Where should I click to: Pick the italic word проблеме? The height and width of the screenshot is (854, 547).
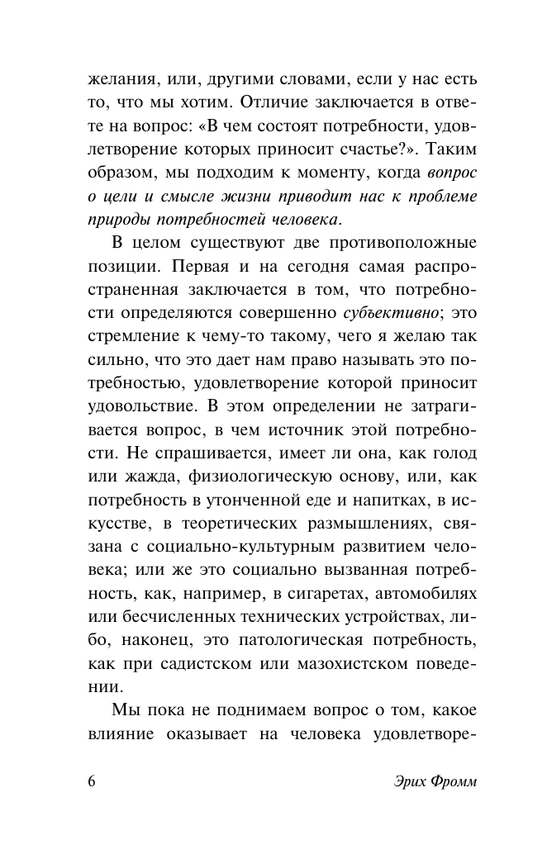coord(438,199)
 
